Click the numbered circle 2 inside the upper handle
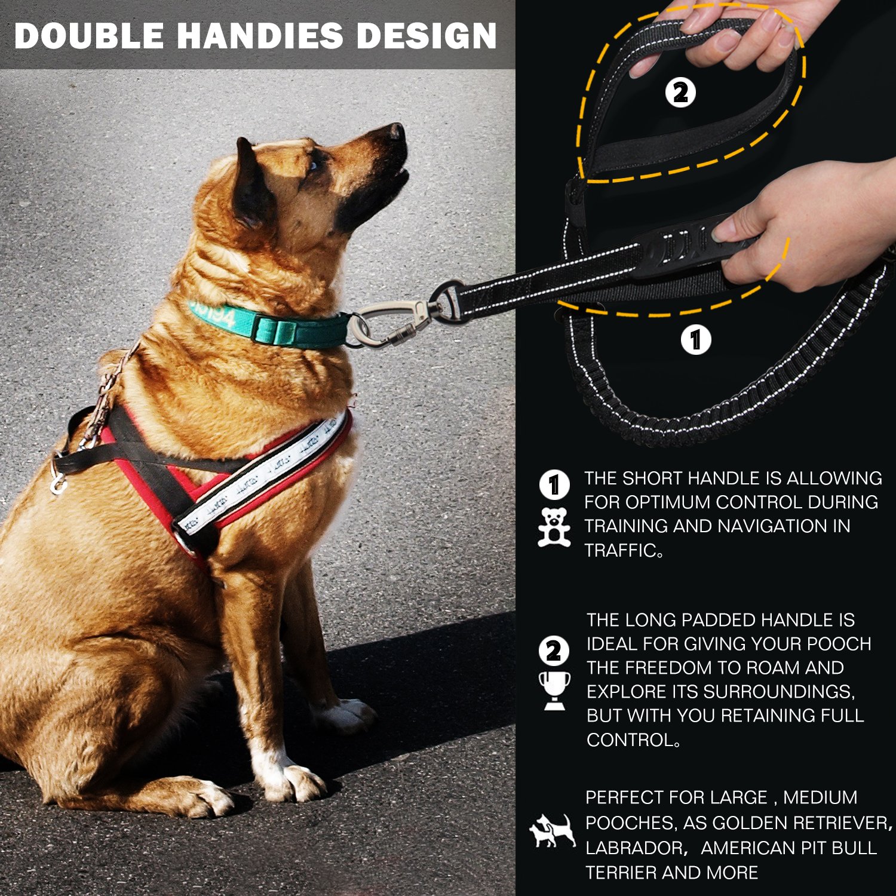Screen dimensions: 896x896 point(680,93)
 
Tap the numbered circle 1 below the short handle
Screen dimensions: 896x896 point(696,339)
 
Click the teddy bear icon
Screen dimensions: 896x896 point(554,527)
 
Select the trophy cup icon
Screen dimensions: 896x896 point(554,690)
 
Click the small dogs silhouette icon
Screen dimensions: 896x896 point(553,830)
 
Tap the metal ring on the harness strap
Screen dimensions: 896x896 point(58,483)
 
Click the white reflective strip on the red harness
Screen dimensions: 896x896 point(263,472)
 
